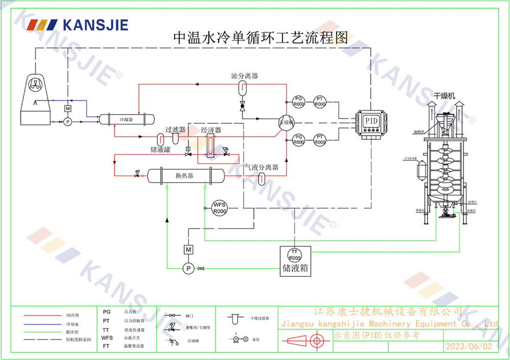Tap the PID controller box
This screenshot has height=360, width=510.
[371, 121]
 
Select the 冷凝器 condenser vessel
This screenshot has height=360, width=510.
[125, 119]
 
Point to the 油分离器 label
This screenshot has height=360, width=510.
[244, 76]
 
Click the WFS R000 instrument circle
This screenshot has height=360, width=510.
[220, 208]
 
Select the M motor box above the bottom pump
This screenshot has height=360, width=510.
[188, 249]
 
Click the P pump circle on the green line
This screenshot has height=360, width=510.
[188, 268]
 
